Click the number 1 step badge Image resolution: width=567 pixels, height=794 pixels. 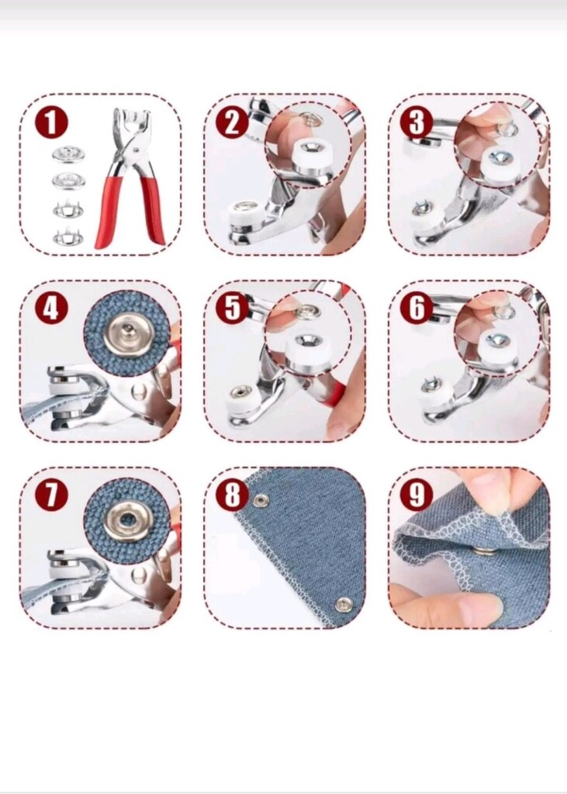click(51, 123)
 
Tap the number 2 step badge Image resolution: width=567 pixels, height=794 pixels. click(232, 123)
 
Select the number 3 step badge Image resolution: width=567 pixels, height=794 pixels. click(417, 123)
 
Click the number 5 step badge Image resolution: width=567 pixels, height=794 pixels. click(232, 308)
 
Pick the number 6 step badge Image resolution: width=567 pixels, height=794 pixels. click(417, 308)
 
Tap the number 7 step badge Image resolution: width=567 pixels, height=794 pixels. click(51, 495)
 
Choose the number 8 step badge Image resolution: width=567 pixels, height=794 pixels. click(232, 494)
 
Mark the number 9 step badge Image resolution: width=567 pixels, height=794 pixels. click(417, 494)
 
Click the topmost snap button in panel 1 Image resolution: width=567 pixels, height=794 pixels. click(68, 155)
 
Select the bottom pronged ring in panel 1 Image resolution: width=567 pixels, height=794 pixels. click(68, 236)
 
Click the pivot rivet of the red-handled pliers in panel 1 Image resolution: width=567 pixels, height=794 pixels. click(134, 149)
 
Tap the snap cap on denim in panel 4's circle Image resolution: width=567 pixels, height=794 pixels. click(129, 333)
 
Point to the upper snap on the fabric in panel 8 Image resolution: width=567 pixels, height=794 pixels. click(261, 501)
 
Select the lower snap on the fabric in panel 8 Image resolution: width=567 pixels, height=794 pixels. click(344, 603)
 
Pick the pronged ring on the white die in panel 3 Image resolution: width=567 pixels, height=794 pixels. click(420, 207)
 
